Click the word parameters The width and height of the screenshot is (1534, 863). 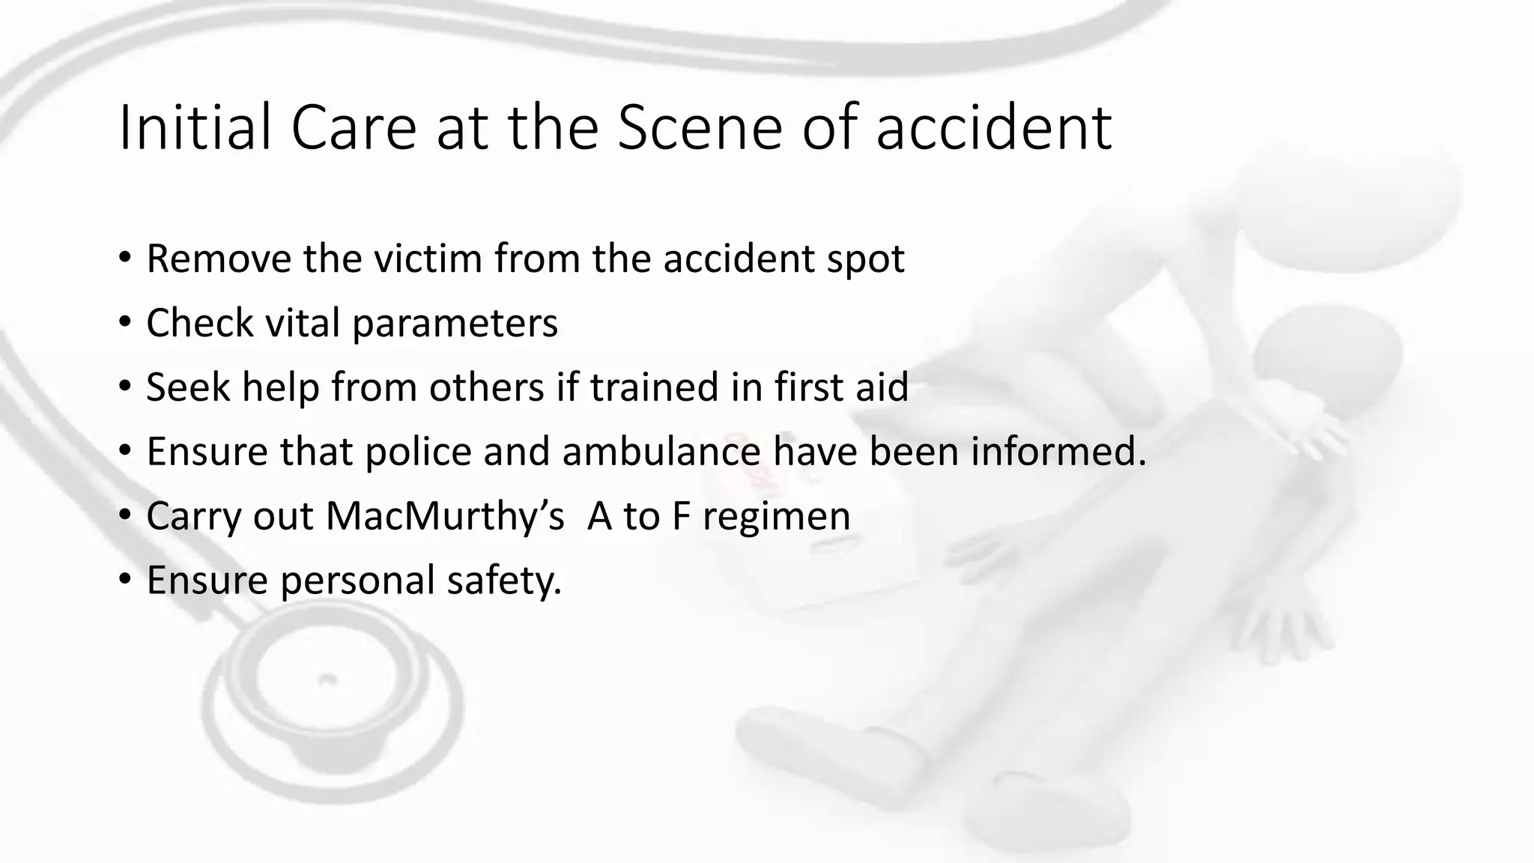pyautogui.click(x=455, y=324)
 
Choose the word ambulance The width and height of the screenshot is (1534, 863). pyautogui.click(x=661, y=452)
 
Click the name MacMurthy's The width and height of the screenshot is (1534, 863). pyautogui.click(x=445, y=516)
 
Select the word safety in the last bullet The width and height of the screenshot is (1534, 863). pyautogui.click(x=503, y=581)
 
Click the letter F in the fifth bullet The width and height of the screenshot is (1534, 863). pyautogui.click(x=680, y=516)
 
